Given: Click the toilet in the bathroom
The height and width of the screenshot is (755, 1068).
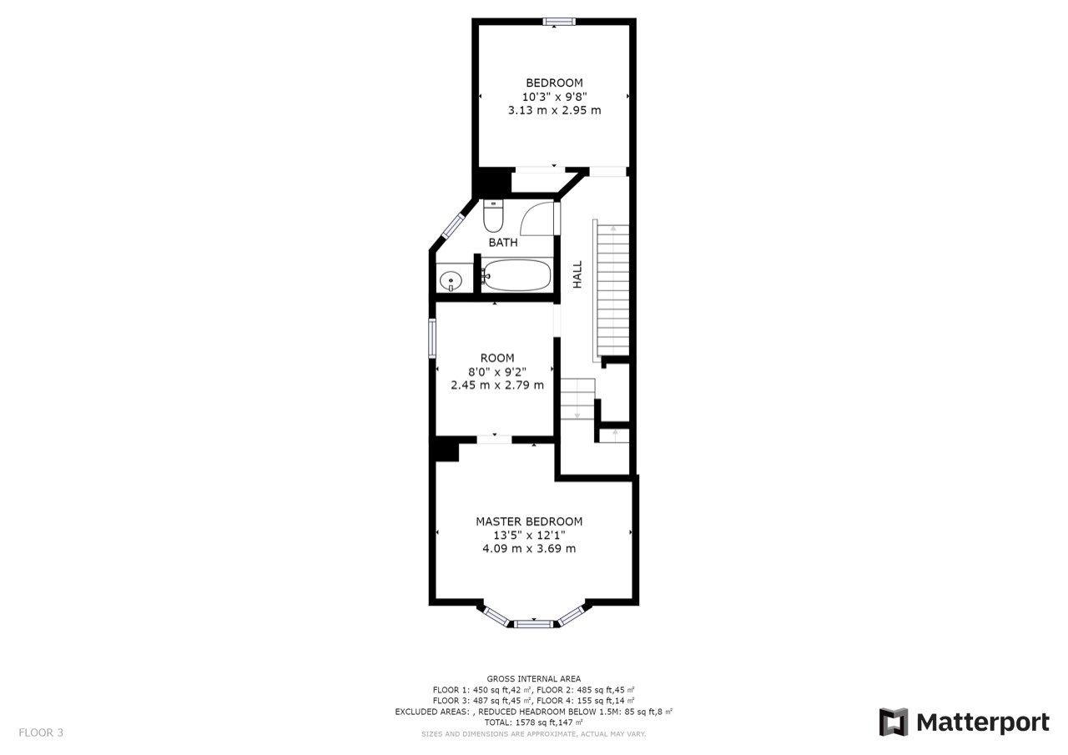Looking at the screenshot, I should tap(493, 217).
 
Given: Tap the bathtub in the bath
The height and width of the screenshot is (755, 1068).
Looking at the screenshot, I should tap(517, 274).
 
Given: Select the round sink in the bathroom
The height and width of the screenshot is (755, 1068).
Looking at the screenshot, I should tap(451, 280).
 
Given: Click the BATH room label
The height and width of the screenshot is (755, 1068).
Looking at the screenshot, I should tap(503, 243).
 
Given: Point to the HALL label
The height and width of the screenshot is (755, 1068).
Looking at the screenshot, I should tap(577, 274).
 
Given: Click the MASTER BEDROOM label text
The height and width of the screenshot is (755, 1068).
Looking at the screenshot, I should tap(529, 521).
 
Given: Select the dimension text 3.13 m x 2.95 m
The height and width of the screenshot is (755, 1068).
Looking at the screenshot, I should tap(554, 109).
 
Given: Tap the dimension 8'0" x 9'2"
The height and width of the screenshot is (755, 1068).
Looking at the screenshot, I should tap(497, 371).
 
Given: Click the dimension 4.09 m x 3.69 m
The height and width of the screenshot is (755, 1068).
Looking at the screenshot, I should tap(529, 548).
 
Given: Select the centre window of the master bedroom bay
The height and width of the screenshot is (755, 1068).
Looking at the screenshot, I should tap(533, 622).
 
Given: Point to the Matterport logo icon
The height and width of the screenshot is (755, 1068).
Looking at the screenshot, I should tap(894, 722).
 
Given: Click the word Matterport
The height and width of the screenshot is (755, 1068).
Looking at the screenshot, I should tap(983, 722).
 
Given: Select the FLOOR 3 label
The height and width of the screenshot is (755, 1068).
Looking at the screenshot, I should tap(41, 732).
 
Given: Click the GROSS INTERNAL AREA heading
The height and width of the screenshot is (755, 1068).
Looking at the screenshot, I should tap(534, 679).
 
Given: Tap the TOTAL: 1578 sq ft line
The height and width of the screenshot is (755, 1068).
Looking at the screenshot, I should tap(534, 722).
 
